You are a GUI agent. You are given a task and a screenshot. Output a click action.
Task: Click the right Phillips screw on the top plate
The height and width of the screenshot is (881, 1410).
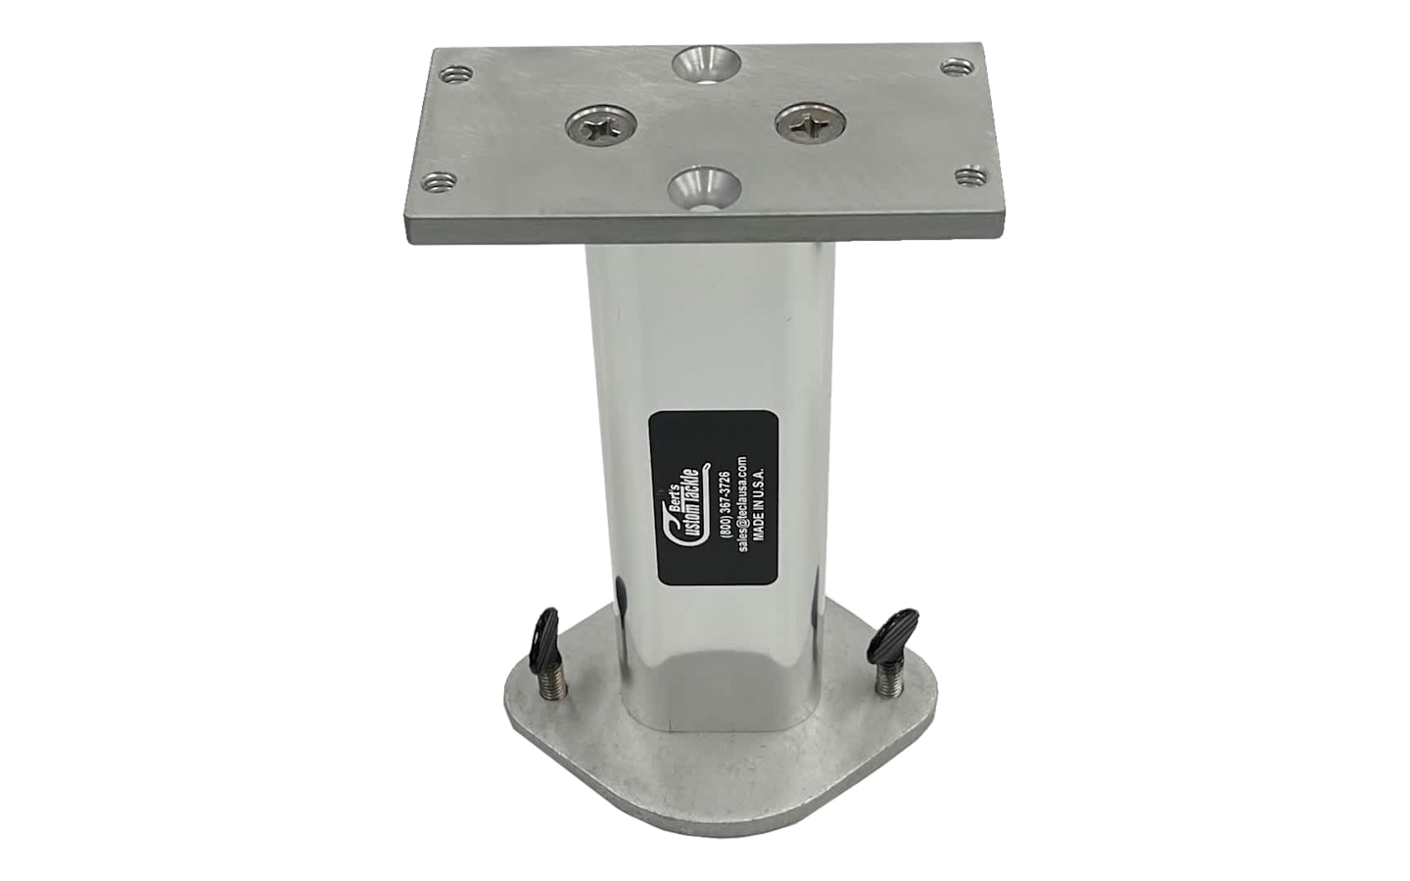pyautogui.click(x=810, y=126)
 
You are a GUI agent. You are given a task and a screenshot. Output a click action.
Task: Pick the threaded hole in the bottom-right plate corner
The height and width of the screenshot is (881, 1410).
pyautogui.click(x=971, y=174)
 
